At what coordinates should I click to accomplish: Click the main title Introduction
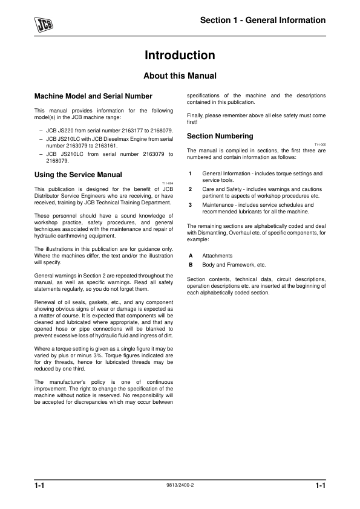coord(180,56)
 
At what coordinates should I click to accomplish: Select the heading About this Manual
coord(180,76)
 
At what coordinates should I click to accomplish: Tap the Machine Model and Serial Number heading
coord(93,96)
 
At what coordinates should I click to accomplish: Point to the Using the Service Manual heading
coord(79,175)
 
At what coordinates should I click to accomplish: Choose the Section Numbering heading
coord(220,136)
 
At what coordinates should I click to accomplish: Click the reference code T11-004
coord(168,183)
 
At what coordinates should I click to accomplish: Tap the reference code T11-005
coord(320,144)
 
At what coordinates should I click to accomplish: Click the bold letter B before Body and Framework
coord(191,265)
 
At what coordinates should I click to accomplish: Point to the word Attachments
coord(217,256)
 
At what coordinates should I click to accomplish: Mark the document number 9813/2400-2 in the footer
coord(180,485)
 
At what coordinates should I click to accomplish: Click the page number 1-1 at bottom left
coord(41,486)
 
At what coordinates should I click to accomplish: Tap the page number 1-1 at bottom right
coord(320,486)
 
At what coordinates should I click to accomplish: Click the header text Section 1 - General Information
coord(263,21)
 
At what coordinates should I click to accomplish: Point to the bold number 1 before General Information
coord(190,173)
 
